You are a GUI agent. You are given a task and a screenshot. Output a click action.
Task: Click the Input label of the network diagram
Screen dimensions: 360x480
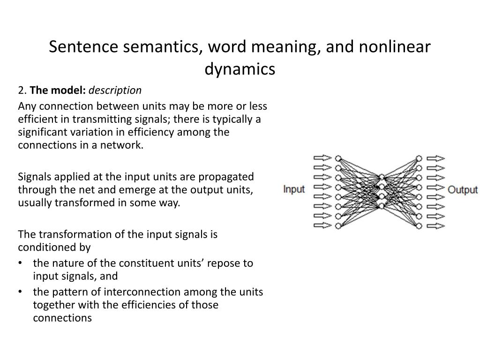(x=294, y=190)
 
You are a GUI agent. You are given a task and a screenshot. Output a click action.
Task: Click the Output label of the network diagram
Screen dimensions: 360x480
(x=463, y=190)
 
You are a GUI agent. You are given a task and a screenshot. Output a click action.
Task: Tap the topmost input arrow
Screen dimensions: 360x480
(x=322, y=158)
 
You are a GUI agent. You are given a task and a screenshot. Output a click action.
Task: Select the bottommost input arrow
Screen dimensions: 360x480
(x=322, y=226)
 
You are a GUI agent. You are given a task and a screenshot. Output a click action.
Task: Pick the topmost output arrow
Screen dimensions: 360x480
(x=436, y=158)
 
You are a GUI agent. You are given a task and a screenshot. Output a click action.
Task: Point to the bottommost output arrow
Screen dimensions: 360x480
(x=436, y=226)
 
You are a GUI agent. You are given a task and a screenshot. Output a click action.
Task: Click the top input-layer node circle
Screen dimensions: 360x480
(x=338, y=158)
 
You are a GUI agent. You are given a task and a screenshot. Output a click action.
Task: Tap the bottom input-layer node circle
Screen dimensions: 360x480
(x=338, y=226)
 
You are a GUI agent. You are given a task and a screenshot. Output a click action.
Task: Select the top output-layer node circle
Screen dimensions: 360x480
(x=419, y=158)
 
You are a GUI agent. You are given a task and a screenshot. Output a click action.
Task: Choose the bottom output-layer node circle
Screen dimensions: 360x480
(x=419, y=226)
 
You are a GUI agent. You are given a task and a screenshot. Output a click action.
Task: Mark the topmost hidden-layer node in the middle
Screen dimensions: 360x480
(x=382, y=177)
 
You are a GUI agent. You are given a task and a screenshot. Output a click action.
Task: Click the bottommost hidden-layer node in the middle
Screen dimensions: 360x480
(x=382, y=206)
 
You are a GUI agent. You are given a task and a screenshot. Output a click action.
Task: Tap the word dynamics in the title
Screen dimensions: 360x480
(x=240, y=69)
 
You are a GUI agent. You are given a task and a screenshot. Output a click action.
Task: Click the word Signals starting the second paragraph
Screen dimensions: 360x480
(x=34, y=177)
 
